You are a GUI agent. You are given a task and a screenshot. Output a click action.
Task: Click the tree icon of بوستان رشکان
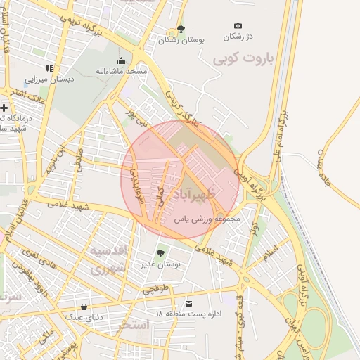point(181,29)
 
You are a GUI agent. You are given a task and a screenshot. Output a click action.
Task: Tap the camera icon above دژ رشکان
point(238,26)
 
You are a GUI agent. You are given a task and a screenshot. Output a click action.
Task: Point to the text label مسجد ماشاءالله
point(121,72)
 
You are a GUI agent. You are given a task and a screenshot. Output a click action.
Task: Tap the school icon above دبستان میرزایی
point(49,68)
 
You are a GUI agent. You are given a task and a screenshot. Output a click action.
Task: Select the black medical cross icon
point(5,108)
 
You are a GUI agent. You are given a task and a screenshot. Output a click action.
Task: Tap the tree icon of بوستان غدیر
point(160,253)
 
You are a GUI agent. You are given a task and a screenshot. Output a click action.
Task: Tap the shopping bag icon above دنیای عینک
point(84,307)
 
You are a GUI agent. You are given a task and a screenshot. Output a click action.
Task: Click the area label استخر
point(134,324)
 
